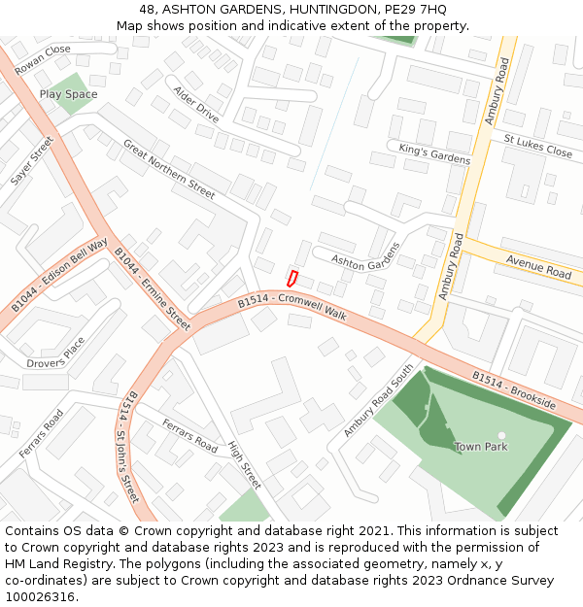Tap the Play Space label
tap(68, 94)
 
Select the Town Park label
tap(481, 447)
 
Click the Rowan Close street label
tap(43, 55)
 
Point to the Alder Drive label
tap(196, 102)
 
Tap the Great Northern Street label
tap(168, 169)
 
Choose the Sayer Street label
tap(32, 160)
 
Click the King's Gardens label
tap(434, 154)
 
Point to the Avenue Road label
tap(538, 267)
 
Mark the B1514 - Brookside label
tap(514, 389)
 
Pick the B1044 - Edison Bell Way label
tap(59, 274)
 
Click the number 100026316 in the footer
tap(40, 596)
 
